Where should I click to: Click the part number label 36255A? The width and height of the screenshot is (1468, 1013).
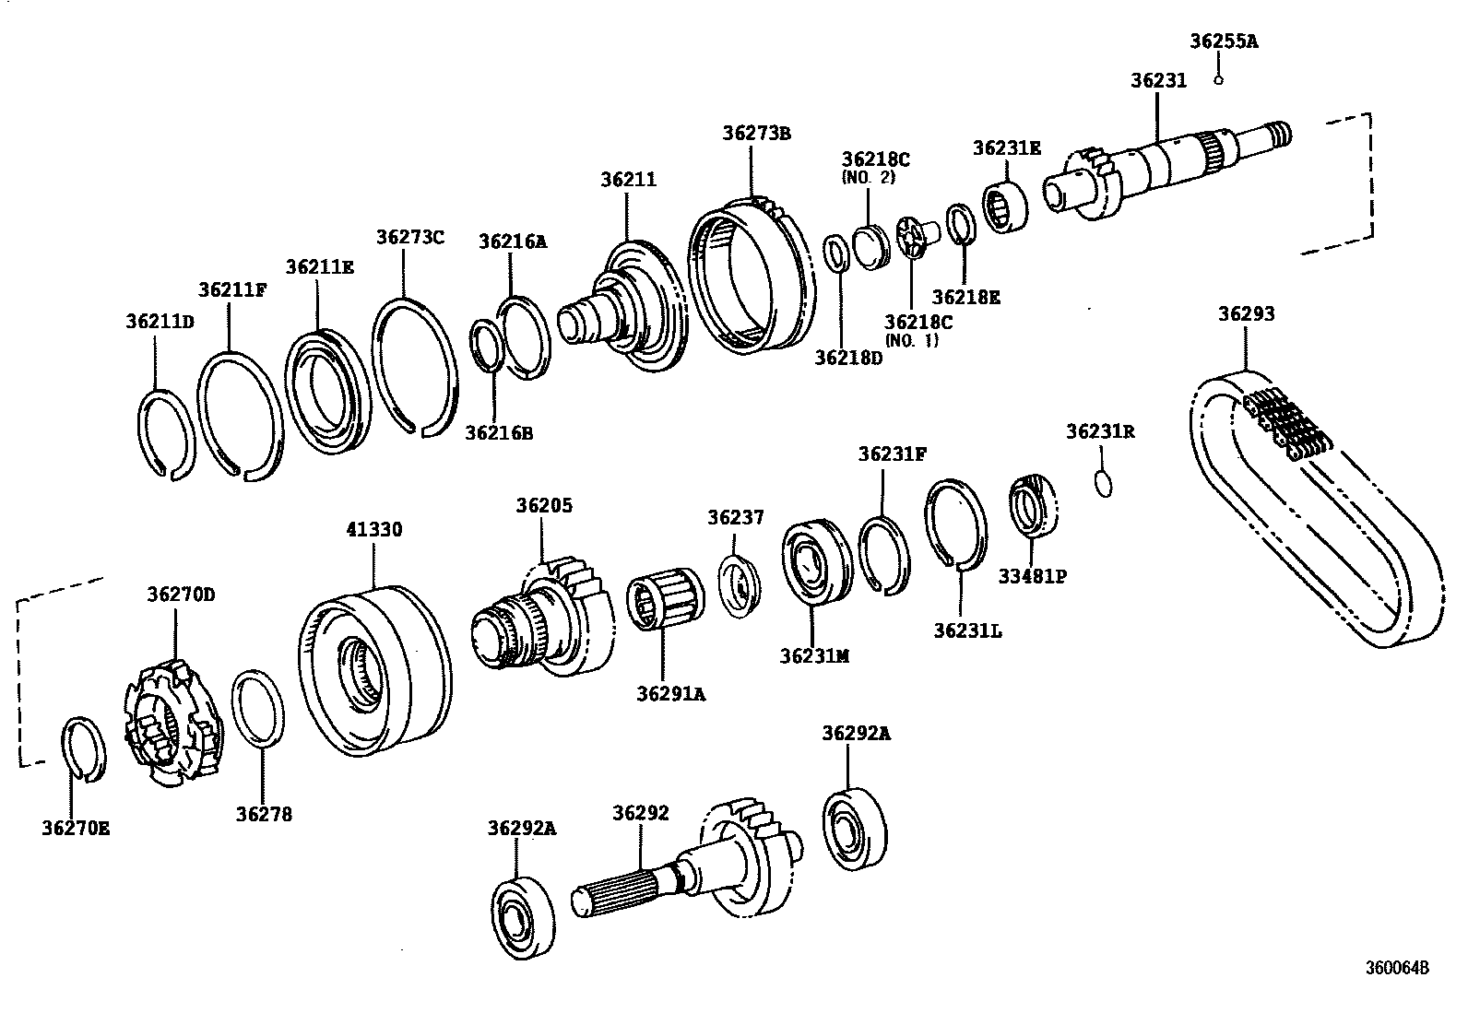1224,41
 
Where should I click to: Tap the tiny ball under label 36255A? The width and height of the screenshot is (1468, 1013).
1218,80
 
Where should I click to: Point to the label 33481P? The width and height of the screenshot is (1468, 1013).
1032,576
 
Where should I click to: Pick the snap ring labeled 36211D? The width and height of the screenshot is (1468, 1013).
166,434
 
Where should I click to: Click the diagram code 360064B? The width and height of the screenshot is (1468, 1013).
1397,968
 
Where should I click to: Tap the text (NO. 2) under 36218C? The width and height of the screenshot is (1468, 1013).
868,178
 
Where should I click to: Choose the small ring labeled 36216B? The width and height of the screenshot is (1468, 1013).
487,345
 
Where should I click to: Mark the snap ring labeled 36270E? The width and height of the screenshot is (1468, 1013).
83,748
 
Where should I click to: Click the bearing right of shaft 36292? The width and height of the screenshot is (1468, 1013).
854,828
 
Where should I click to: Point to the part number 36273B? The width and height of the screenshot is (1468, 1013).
756,133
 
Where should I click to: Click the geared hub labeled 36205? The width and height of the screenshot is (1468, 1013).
544,618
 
